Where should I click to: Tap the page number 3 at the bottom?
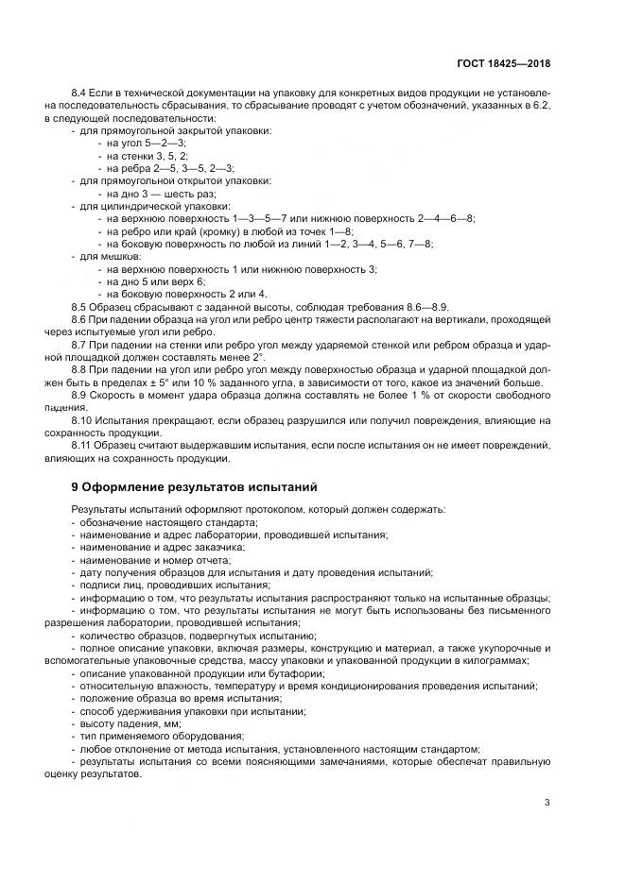point(547,803)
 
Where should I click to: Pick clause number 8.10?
point(83,419)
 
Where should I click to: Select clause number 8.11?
point(83,444)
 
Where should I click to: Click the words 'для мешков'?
point(110,256)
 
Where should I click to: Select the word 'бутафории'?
point(297,672)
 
